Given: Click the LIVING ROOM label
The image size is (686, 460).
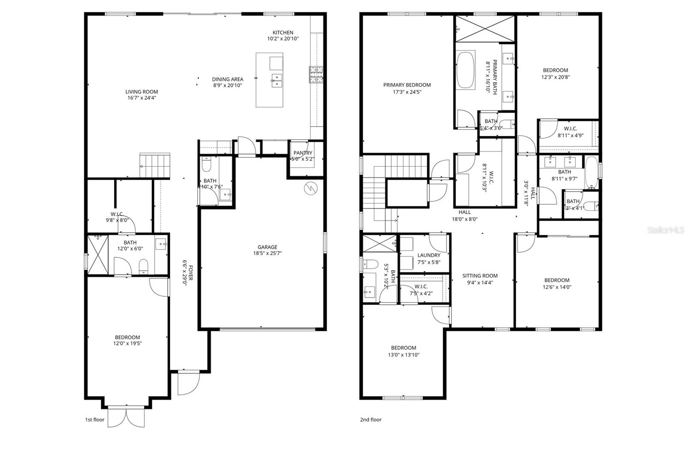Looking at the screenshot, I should tap(141, 92).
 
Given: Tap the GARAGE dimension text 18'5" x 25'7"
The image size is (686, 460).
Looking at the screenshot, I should tap(267, 253).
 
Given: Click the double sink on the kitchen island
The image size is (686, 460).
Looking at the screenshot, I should tap(277, 80).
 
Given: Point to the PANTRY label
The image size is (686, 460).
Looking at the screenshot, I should tap(303, 153).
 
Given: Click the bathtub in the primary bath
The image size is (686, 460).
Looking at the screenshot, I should tap(466, 70).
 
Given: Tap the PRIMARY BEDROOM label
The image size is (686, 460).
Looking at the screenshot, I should tap(407, 85).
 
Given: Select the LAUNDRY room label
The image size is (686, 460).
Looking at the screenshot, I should tap(429, 255).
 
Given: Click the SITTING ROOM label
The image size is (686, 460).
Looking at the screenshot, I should tap(480, 276).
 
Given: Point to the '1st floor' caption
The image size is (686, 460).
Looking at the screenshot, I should tap(95, 420).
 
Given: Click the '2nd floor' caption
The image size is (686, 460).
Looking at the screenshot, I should tap(370, 420).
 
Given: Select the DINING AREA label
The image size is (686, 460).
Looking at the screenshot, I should tap(228, 79).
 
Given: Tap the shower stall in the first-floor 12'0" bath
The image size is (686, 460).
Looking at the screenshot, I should tap(98, 254).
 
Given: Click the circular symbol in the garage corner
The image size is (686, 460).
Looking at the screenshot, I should tap(310, 188).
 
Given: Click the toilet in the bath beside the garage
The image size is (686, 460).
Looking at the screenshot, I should tap(206, 165).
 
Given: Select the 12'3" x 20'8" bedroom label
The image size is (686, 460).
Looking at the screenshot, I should tap(555, 70).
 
